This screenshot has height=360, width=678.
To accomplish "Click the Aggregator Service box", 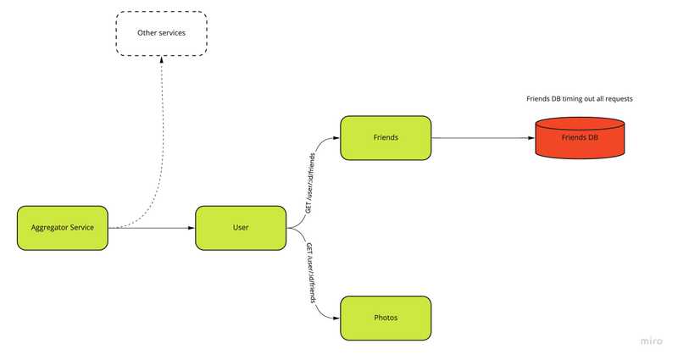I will point(63,227).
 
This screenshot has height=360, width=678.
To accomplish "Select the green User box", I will point(241,227).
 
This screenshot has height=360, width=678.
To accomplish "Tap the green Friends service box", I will point(386,137).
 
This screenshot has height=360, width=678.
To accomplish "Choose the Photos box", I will point(386,318).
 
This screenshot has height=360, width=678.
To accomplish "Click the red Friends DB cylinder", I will point(580,137).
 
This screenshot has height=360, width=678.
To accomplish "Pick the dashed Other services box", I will point(161,33).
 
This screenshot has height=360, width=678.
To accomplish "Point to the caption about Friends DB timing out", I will point(580,99).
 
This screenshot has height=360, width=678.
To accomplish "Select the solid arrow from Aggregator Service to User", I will point(153,227).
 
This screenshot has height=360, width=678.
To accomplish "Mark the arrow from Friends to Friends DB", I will point(483,137).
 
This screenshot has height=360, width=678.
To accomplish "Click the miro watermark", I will point(650,341).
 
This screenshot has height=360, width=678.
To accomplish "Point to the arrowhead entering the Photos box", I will point(336,318).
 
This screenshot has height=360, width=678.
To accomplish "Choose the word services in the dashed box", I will point(172,33).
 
